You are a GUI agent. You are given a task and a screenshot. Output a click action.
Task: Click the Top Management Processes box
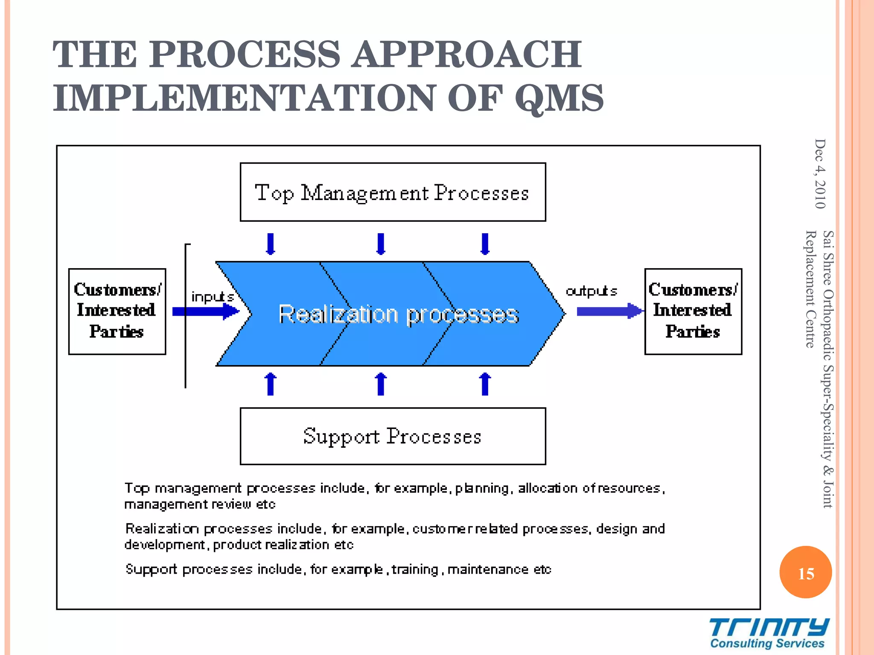393,192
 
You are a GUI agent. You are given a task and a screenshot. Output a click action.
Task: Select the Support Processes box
393,436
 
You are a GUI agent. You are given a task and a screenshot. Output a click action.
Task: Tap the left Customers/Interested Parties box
117,311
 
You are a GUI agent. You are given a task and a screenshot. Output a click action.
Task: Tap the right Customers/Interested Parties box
693,311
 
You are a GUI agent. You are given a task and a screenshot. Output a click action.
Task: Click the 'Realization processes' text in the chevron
398,315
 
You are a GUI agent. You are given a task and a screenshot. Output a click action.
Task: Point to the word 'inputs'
212,297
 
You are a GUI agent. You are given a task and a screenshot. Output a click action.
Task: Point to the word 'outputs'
591,291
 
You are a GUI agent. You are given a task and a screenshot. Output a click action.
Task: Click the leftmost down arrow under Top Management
270,244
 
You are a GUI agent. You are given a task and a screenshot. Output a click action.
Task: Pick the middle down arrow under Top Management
381,244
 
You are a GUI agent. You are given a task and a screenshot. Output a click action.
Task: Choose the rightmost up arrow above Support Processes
485,384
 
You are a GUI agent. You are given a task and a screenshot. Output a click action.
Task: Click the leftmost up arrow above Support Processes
270,384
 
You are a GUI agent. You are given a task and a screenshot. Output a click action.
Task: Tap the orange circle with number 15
806,572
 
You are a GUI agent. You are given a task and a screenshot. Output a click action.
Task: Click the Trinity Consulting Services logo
768,633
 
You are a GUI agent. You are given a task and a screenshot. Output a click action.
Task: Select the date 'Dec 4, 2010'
820,174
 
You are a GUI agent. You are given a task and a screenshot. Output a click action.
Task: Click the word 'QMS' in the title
559,98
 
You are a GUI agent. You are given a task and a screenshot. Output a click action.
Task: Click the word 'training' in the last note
415,569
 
